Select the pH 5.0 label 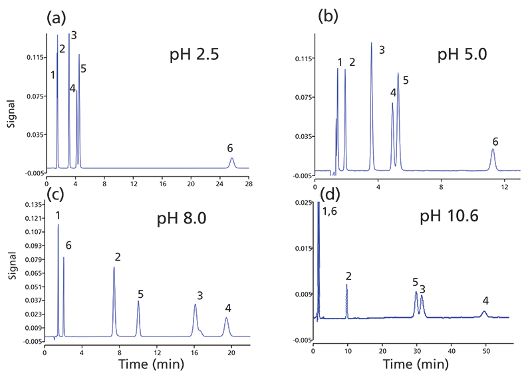462,55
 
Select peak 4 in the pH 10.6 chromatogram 485,312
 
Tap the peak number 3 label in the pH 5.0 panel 382,50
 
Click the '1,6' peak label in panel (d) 331,211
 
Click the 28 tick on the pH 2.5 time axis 249,182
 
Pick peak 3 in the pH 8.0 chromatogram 196,307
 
